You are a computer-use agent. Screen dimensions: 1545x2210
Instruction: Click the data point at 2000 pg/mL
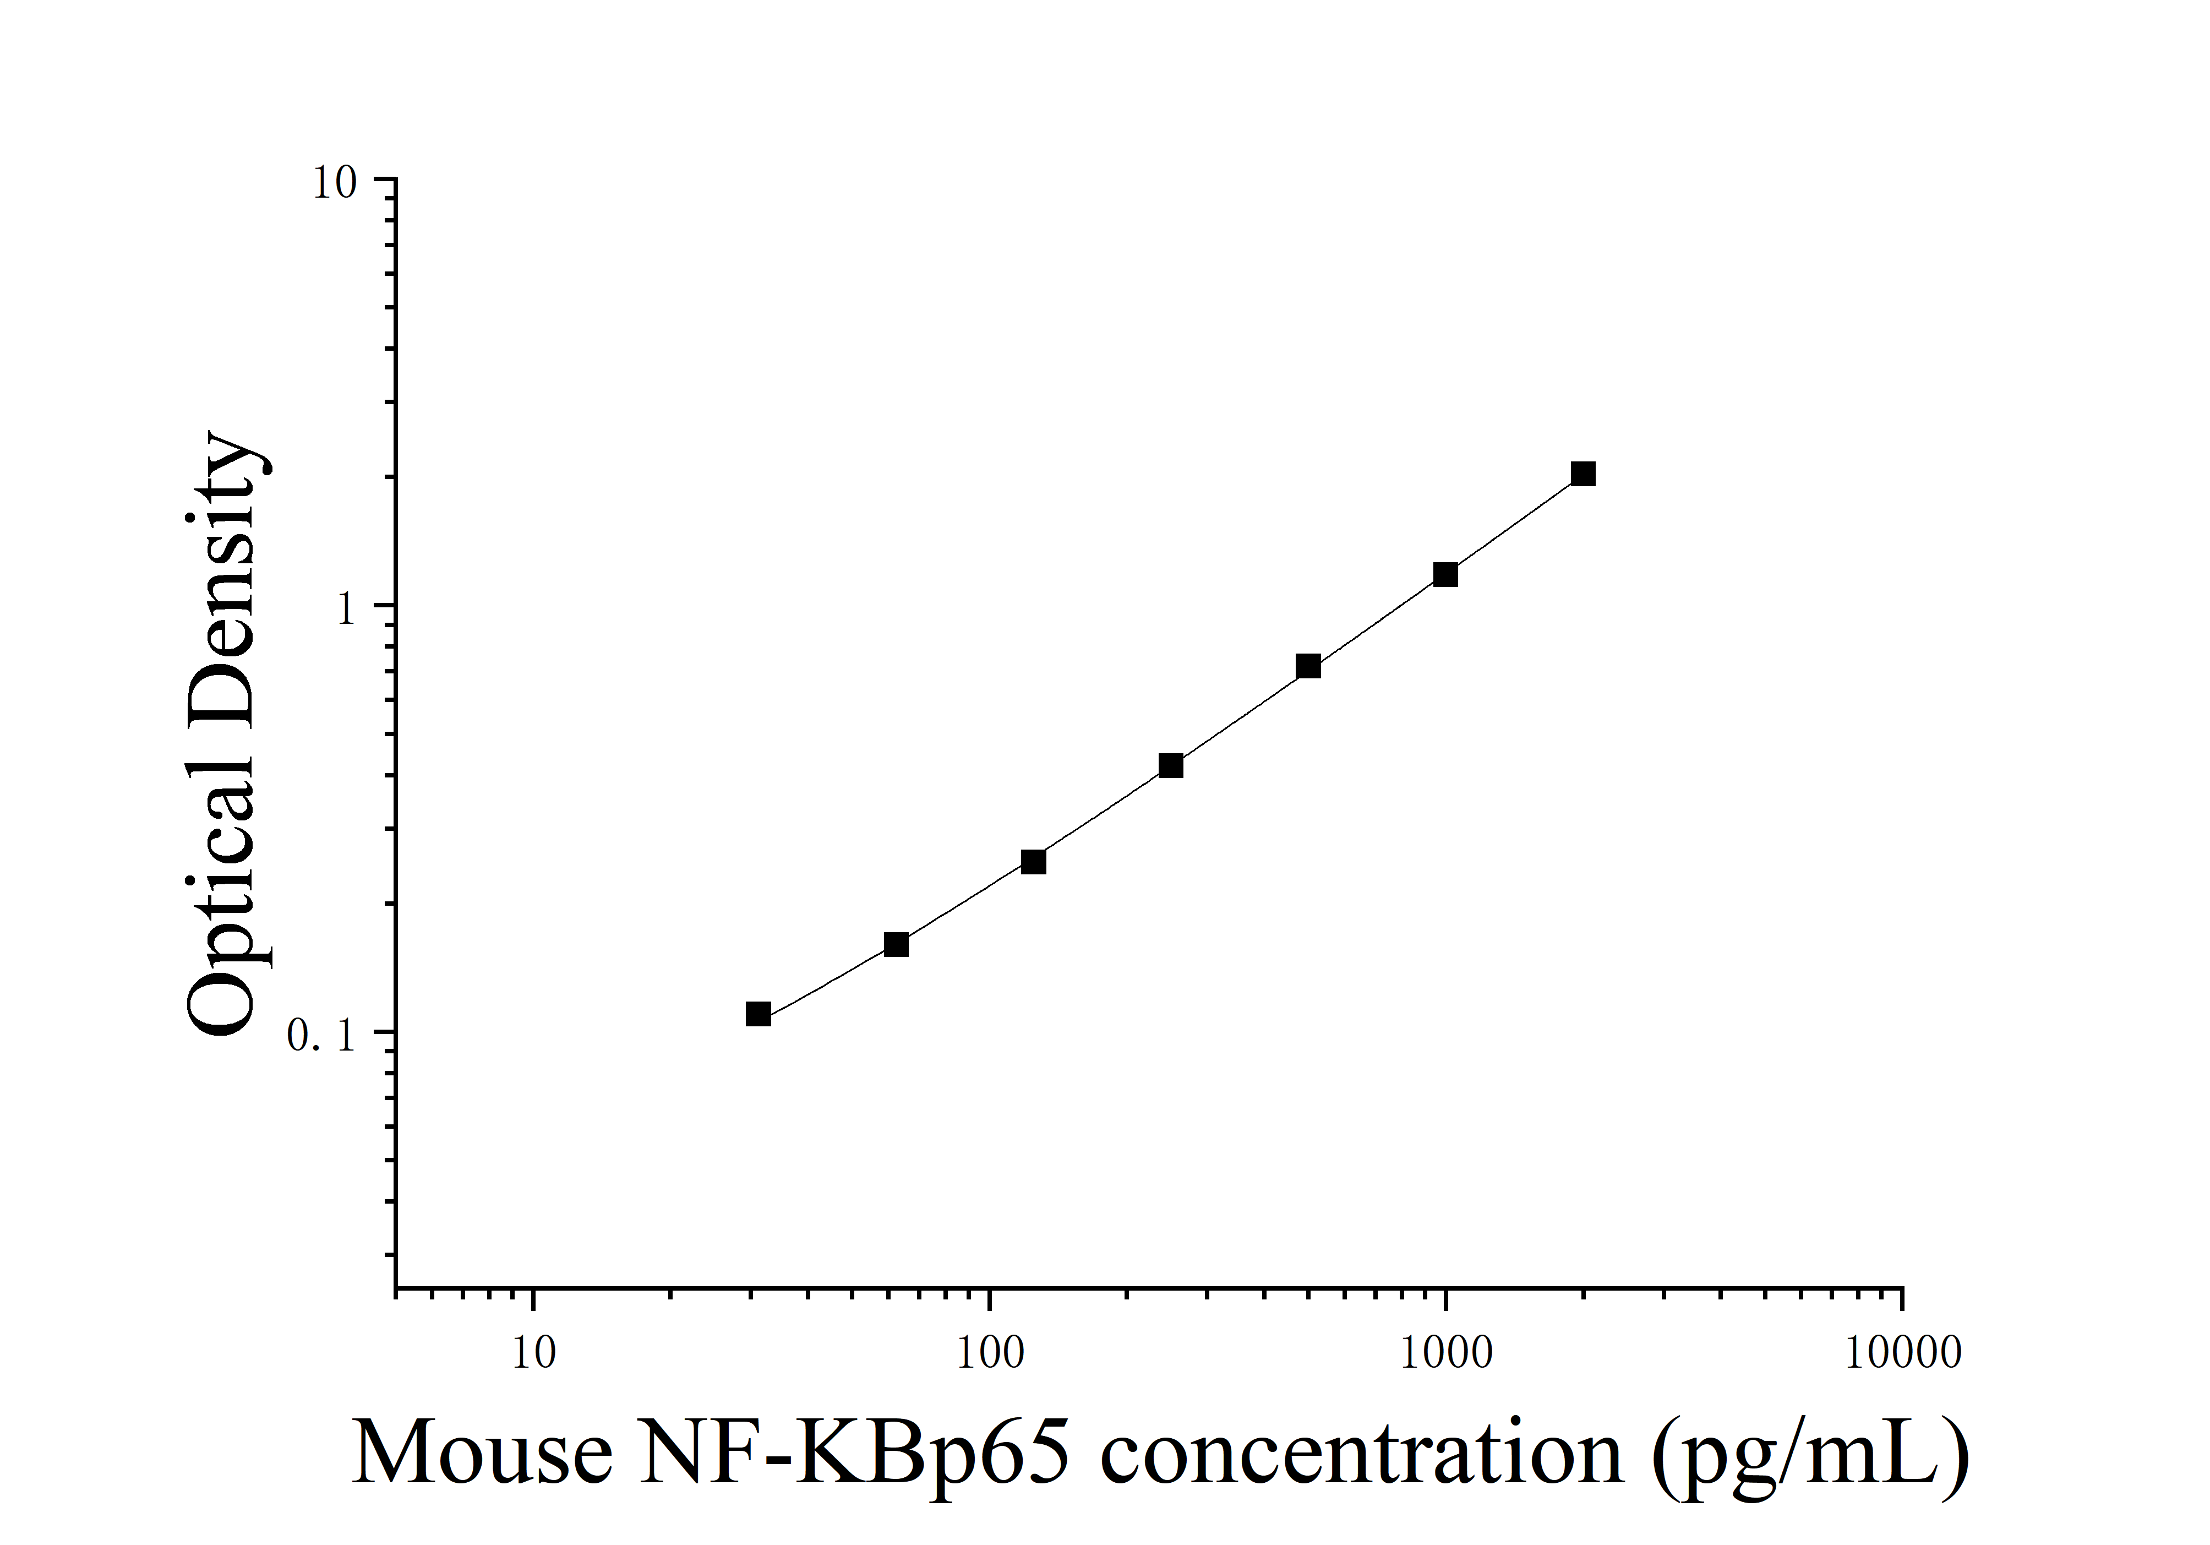click(1583, 474)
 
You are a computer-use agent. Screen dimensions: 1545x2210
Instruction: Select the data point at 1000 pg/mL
click(1445, 575)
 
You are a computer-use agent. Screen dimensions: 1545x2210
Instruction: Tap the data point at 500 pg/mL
click(1308, 666)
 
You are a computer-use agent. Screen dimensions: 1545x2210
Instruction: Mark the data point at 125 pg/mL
click(1033, 862)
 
